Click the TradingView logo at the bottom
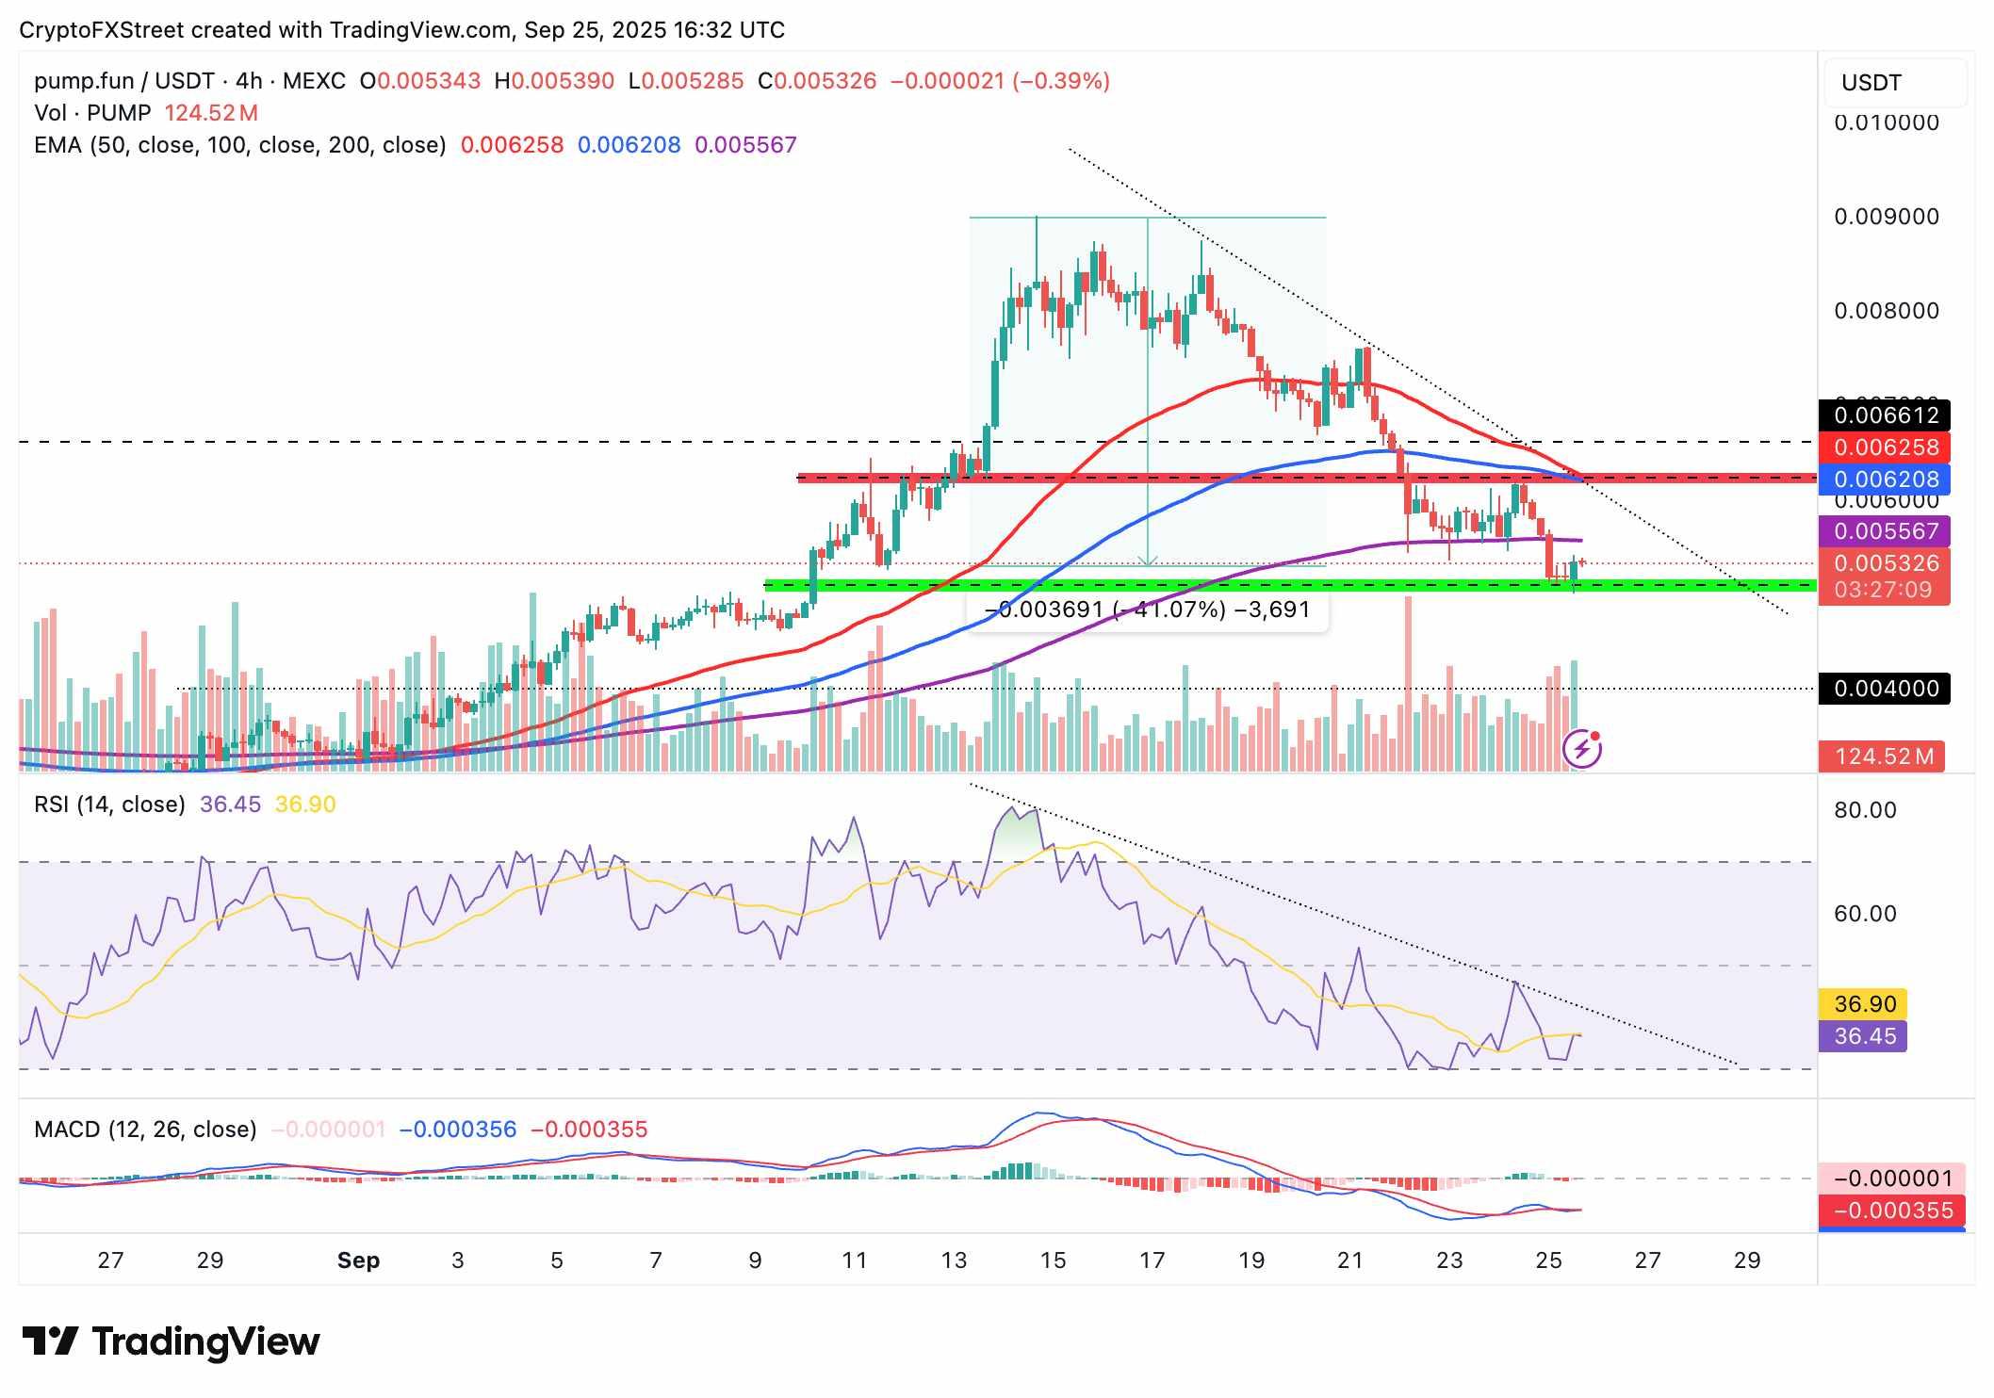click(171, 1341)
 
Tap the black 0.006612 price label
click(1885, 415)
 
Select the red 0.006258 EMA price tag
click(1885, 447)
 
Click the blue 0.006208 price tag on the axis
click(1885, 480)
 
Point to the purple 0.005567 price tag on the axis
click(1885, 531)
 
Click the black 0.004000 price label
click(1885, 689)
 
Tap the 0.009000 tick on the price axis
click(1886, 217)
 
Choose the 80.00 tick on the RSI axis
click(1865, 810)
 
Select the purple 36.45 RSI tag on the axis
click(1864, 1036)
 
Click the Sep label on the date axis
click(358, 1260)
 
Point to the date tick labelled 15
click(1053, 1260)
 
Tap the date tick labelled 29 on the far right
click(1746, 1260)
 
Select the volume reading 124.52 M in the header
click(211, 113)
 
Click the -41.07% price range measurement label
click(1147, 610)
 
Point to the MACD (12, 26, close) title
click(145, 1129)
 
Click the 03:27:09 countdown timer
click(1883, 590)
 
